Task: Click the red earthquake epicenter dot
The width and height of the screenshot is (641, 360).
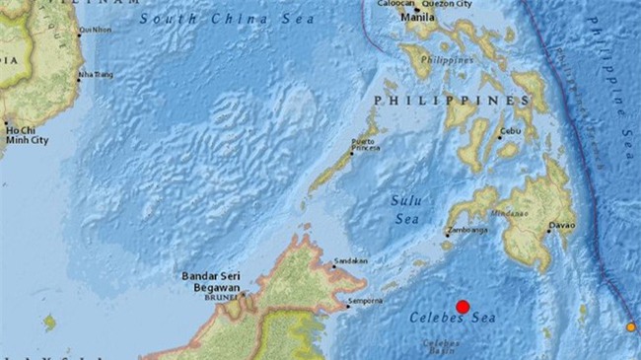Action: (463, 307)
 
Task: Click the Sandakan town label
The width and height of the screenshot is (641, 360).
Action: (350, 261)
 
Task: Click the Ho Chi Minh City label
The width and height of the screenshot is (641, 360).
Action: (27, 134)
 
